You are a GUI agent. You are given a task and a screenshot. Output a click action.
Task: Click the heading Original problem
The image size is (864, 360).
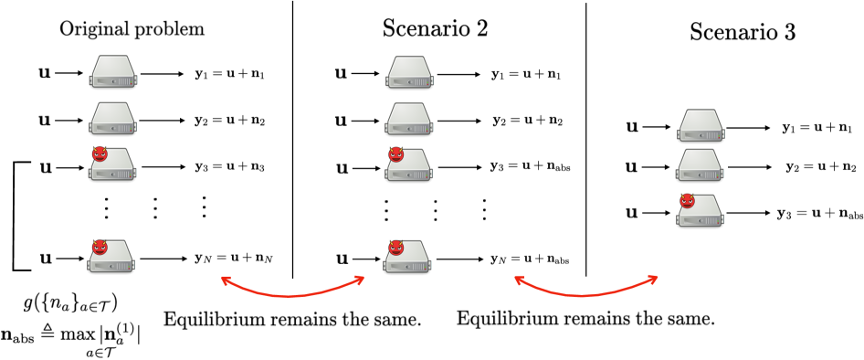[x=132, y=28]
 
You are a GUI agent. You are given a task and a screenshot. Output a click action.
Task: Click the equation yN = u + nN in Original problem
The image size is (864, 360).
[x=234, y=259]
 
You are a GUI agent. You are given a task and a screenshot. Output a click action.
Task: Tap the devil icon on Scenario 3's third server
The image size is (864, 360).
[x=687, y=201]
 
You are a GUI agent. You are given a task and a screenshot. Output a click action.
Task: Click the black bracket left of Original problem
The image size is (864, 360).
[x=16, y=215]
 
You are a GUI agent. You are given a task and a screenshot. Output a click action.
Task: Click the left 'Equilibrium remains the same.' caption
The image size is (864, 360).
[x=292, y=320]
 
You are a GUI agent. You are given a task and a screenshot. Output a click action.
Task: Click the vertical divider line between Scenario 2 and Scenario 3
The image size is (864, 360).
[x=585, y=137]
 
